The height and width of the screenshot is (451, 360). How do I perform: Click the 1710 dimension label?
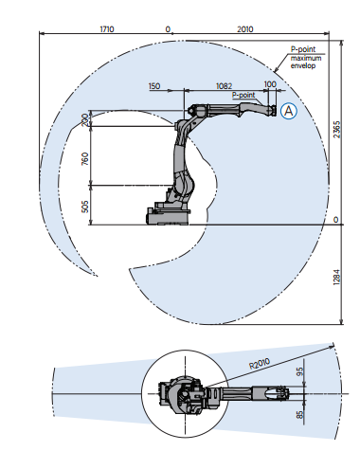point(107,29)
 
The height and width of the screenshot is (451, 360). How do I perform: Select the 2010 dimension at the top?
point(245,29)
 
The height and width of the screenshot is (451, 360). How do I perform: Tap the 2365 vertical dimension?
point(337,129)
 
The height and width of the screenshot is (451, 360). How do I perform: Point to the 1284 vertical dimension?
point(337,277)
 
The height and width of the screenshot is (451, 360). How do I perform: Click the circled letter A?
point(289,111)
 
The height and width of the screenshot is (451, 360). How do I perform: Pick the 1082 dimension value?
point(224,86)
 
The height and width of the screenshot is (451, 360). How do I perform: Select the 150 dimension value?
point(154,86)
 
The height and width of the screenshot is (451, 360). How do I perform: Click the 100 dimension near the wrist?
point(270,84)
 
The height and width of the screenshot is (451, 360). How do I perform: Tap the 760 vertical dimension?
point(85,158)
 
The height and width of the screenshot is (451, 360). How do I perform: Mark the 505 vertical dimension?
point(85,207)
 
